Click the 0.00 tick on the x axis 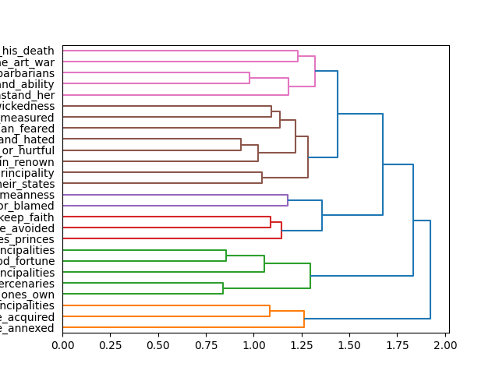tap(62, 344)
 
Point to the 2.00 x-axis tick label tap(445, 344)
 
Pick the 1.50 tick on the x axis tap(350, 344)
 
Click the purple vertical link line tap(288, 200)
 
